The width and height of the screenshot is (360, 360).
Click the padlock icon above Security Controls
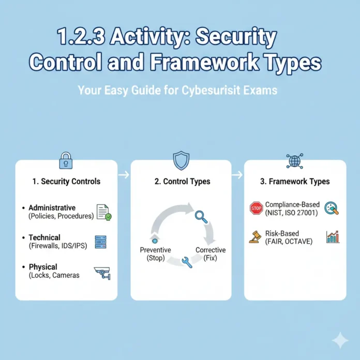66,161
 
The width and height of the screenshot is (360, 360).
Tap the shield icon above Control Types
181,161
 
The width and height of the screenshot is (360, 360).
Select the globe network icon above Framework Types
294,161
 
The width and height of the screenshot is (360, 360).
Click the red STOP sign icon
256,208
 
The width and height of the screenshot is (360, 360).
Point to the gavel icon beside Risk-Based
254,237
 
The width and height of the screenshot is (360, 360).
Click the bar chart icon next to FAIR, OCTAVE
333,237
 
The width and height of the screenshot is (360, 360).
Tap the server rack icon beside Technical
101,242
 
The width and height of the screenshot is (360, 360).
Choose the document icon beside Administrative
103,212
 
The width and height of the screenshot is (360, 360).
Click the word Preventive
155,250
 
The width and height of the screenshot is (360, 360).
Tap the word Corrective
211,250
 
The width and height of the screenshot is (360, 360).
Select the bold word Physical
44,267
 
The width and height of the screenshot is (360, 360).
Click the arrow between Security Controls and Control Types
124,175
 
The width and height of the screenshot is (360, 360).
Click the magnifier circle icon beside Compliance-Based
332,208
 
